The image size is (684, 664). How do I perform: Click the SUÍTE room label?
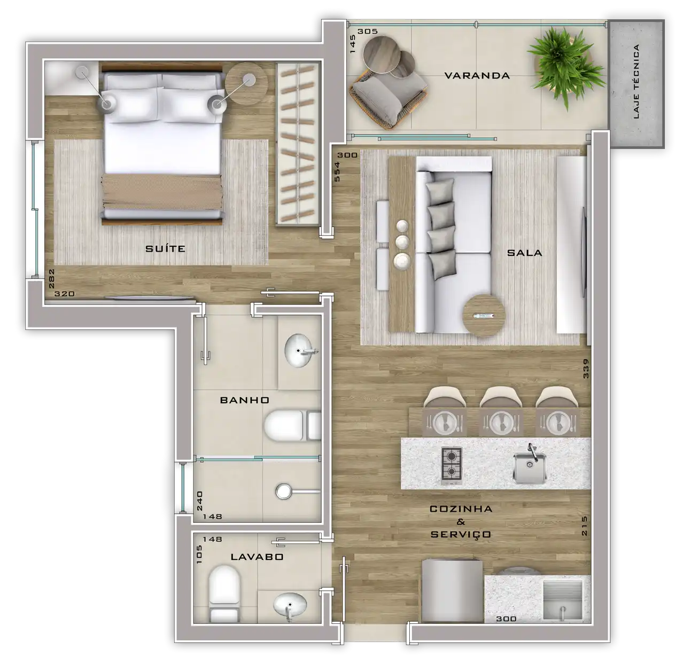point(165,249)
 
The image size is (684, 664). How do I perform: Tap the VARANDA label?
point(477,75)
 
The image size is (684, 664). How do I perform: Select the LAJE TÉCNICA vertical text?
point(635,82)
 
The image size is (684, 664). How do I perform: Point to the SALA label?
point(524,253)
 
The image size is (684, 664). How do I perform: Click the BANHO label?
point(245,400)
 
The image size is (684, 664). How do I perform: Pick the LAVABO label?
point(257,557)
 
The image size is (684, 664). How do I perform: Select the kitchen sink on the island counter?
point(530,466)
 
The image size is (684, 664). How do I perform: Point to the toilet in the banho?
point(292,426)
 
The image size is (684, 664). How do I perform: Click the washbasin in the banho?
point(300,350)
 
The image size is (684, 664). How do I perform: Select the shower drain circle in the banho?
point(284,491)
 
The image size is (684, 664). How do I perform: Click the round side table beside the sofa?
point(484,315)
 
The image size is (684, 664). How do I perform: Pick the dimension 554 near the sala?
point(337,171)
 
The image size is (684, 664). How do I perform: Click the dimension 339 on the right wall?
point(585,369)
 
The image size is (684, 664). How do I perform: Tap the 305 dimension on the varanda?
point(368,32)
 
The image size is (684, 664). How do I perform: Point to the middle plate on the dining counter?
point(501,421)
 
